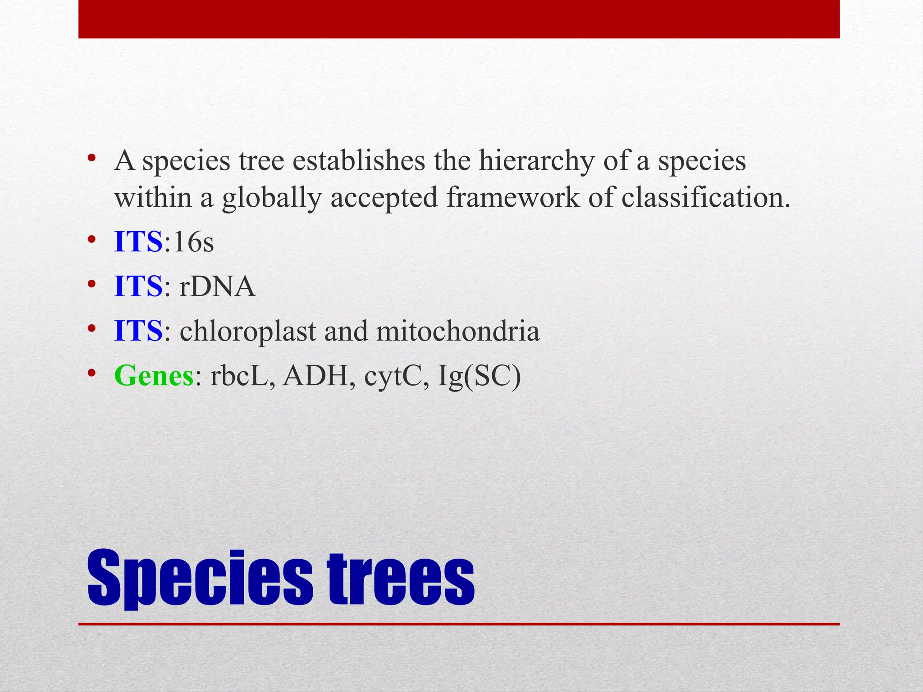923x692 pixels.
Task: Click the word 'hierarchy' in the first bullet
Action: click(536, 161)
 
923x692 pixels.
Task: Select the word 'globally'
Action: click(271, 198)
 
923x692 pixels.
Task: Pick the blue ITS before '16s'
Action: click(138, 242)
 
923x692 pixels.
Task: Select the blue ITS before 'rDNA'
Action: click(138, 287)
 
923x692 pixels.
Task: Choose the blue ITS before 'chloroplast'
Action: click(138, 331)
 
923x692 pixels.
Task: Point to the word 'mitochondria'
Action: click(457, 331)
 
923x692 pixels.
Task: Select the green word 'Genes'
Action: click(154, 376)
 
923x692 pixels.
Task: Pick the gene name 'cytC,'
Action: click(396, 377)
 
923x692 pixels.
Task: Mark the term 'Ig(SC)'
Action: click(479, 377)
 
